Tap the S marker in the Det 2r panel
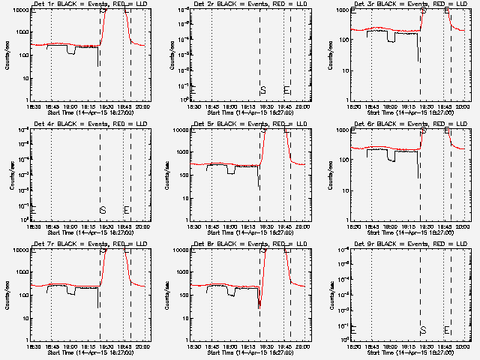pos(263,91)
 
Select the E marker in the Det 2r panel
pos(287,91)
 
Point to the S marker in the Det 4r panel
pos(103,210)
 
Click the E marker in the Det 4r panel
pos(127,210)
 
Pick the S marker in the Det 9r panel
pos(423,330)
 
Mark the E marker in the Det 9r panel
pos(447,330)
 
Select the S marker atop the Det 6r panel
pos(424,130)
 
